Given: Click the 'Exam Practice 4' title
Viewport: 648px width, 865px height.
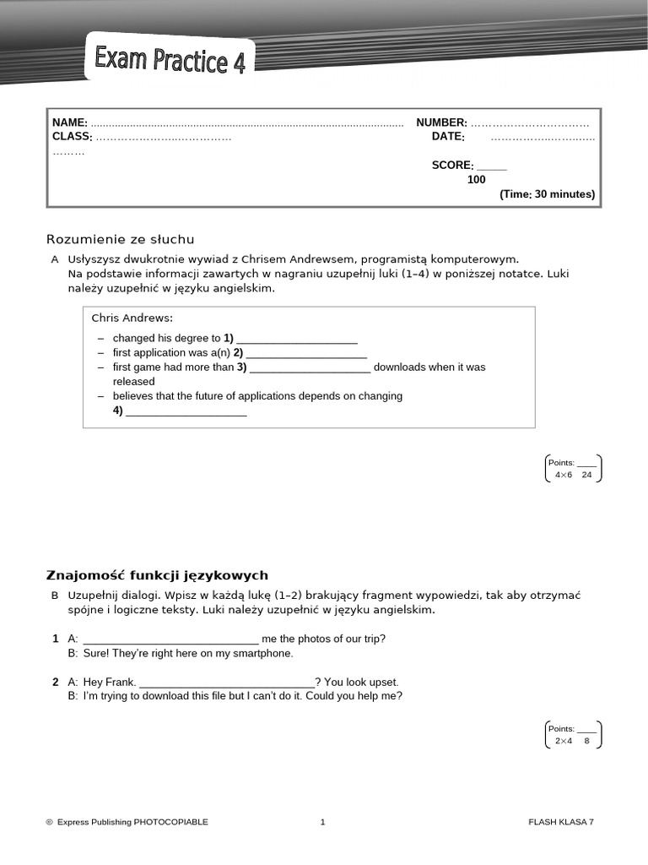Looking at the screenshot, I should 170,61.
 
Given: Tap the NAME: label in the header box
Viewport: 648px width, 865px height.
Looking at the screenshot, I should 70,123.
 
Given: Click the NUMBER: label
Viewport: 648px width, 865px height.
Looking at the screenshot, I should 441,123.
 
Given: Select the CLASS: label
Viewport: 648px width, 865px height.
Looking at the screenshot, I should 72,137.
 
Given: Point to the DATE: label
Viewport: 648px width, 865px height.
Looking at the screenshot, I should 448,137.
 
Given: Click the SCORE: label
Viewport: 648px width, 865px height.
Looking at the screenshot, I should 452,166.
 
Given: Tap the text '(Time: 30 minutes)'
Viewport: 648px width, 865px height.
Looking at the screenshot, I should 547,194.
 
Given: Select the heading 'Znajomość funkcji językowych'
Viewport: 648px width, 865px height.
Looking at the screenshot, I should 157,575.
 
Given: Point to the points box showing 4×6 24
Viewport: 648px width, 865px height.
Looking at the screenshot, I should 574,469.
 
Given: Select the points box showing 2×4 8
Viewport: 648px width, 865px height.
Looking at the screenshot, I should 574,735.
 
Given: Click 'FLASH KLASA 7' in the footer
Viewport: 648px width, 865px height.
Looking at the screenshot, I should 561,822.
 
